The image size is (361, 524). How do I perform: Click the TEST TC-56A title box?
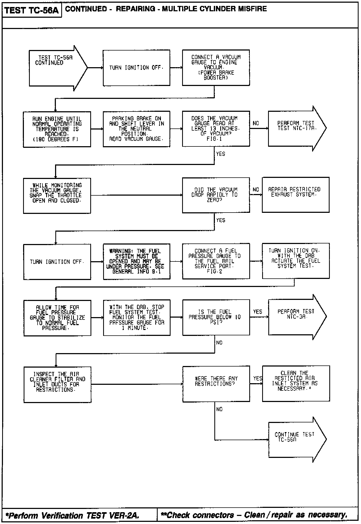pyautogui.click(x=32, y=10)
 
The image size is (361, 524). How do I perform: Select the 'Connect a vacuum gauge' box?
pyautogui.click(x=216, y=67)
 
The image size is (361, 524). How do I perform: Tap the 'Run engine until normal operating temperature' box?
pyautogui.click(x=57, y=129)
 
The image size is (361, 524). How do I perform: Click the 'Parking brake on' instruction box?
pyautogui.click(x=136, y=129)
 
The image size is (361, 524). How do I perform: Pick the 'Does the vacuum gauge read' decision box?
pyautogui.click(x=216, y=129)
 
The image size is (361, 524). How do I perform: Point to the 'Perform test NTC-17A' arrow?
pyautogui.click(x=295, y=128)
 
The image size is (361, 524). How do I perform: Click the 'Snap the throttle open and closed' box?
pyautogui.click(x=57, y=195)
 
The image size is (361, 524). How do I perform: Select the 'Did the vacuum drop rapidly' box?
pyautogui.click(x=216, y=195)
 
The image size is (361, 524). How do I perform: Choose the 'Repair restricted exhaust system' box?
pyautogui.click(x=295, y=195)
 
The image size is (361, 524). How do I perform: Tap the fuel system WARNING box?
pyautogui.click(x=136, y=261)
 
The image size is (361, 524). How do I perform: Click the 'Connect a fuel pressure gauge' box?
pyautogui.click(x=216, y=261)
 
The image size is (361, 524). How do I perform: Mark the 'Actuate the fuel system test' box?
pyautogui.click(x=295, y=261)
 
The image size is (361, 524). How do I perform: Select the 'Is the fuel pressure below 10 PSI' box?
pyautogui.click(x=216, y=317)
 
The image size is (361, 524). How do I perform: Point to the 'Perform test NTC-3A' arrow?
pyautogui.click(x=295, y=317)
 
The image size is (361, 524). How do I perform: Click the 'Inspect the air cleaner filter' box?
pyautogui.click(x=57, y=384)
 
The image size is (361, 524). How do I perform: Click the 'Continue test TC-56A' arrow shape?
pyautogui.click(x=295, y=439)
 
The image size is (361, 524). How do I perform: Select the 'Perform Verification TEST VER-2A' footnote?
pyautogui.click(x=73, y=515)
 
